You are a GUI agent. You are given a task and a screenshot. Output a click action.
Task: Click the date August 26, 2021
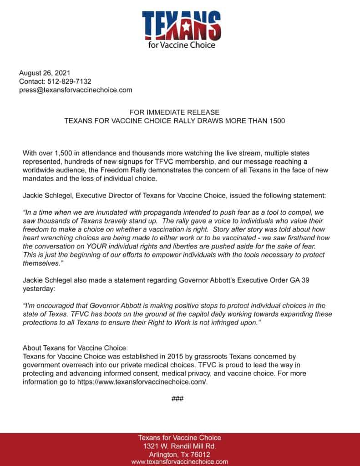(45, 73)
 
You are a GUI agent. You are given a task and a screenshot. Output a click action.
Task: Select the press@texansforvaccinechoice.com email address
(76, 90)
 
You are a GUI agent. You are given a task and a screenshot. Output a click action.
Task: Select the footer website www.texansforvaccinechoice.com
(180, 461)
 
